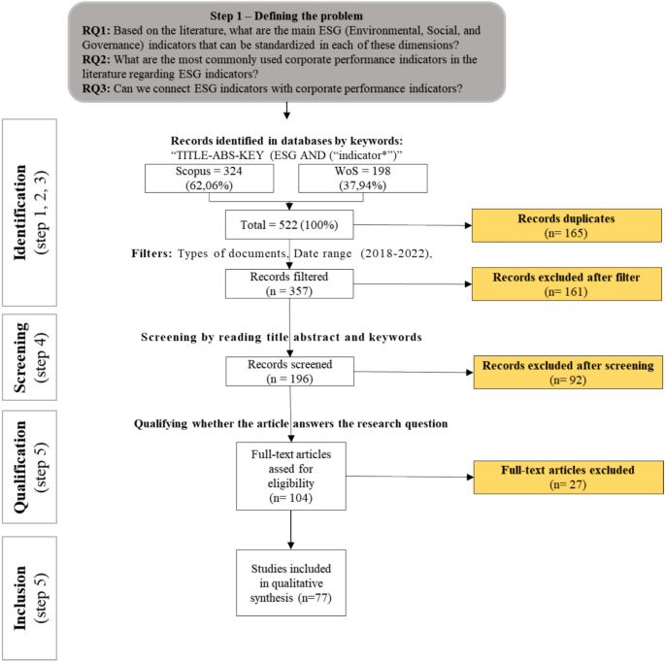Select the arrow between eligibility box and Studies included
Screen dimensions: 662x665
[x=290, y=529]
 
